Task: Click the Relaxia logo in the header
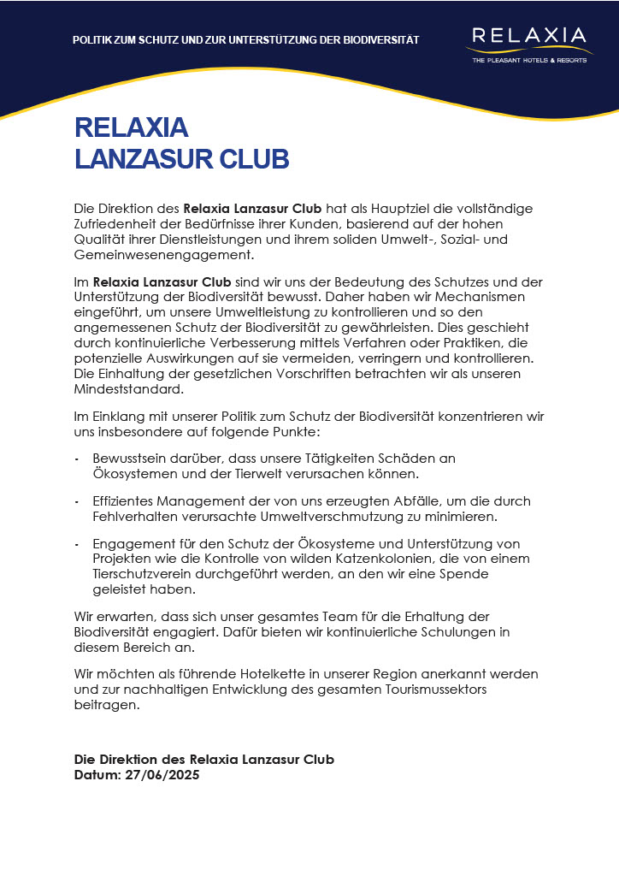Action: tap(528, 37)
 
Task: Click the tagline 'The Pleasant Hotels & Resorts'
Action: tap(528, 61)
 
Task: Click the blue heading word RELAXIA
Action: tap(131, 127)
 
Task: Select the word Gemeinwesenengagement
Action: tap(164, 254)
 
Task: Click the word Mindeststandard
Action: tap(128, 389)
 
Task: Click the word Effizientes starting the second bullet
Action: tap(125, 501)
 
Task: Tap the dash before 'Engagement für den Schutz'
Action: tap(78, 544)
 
